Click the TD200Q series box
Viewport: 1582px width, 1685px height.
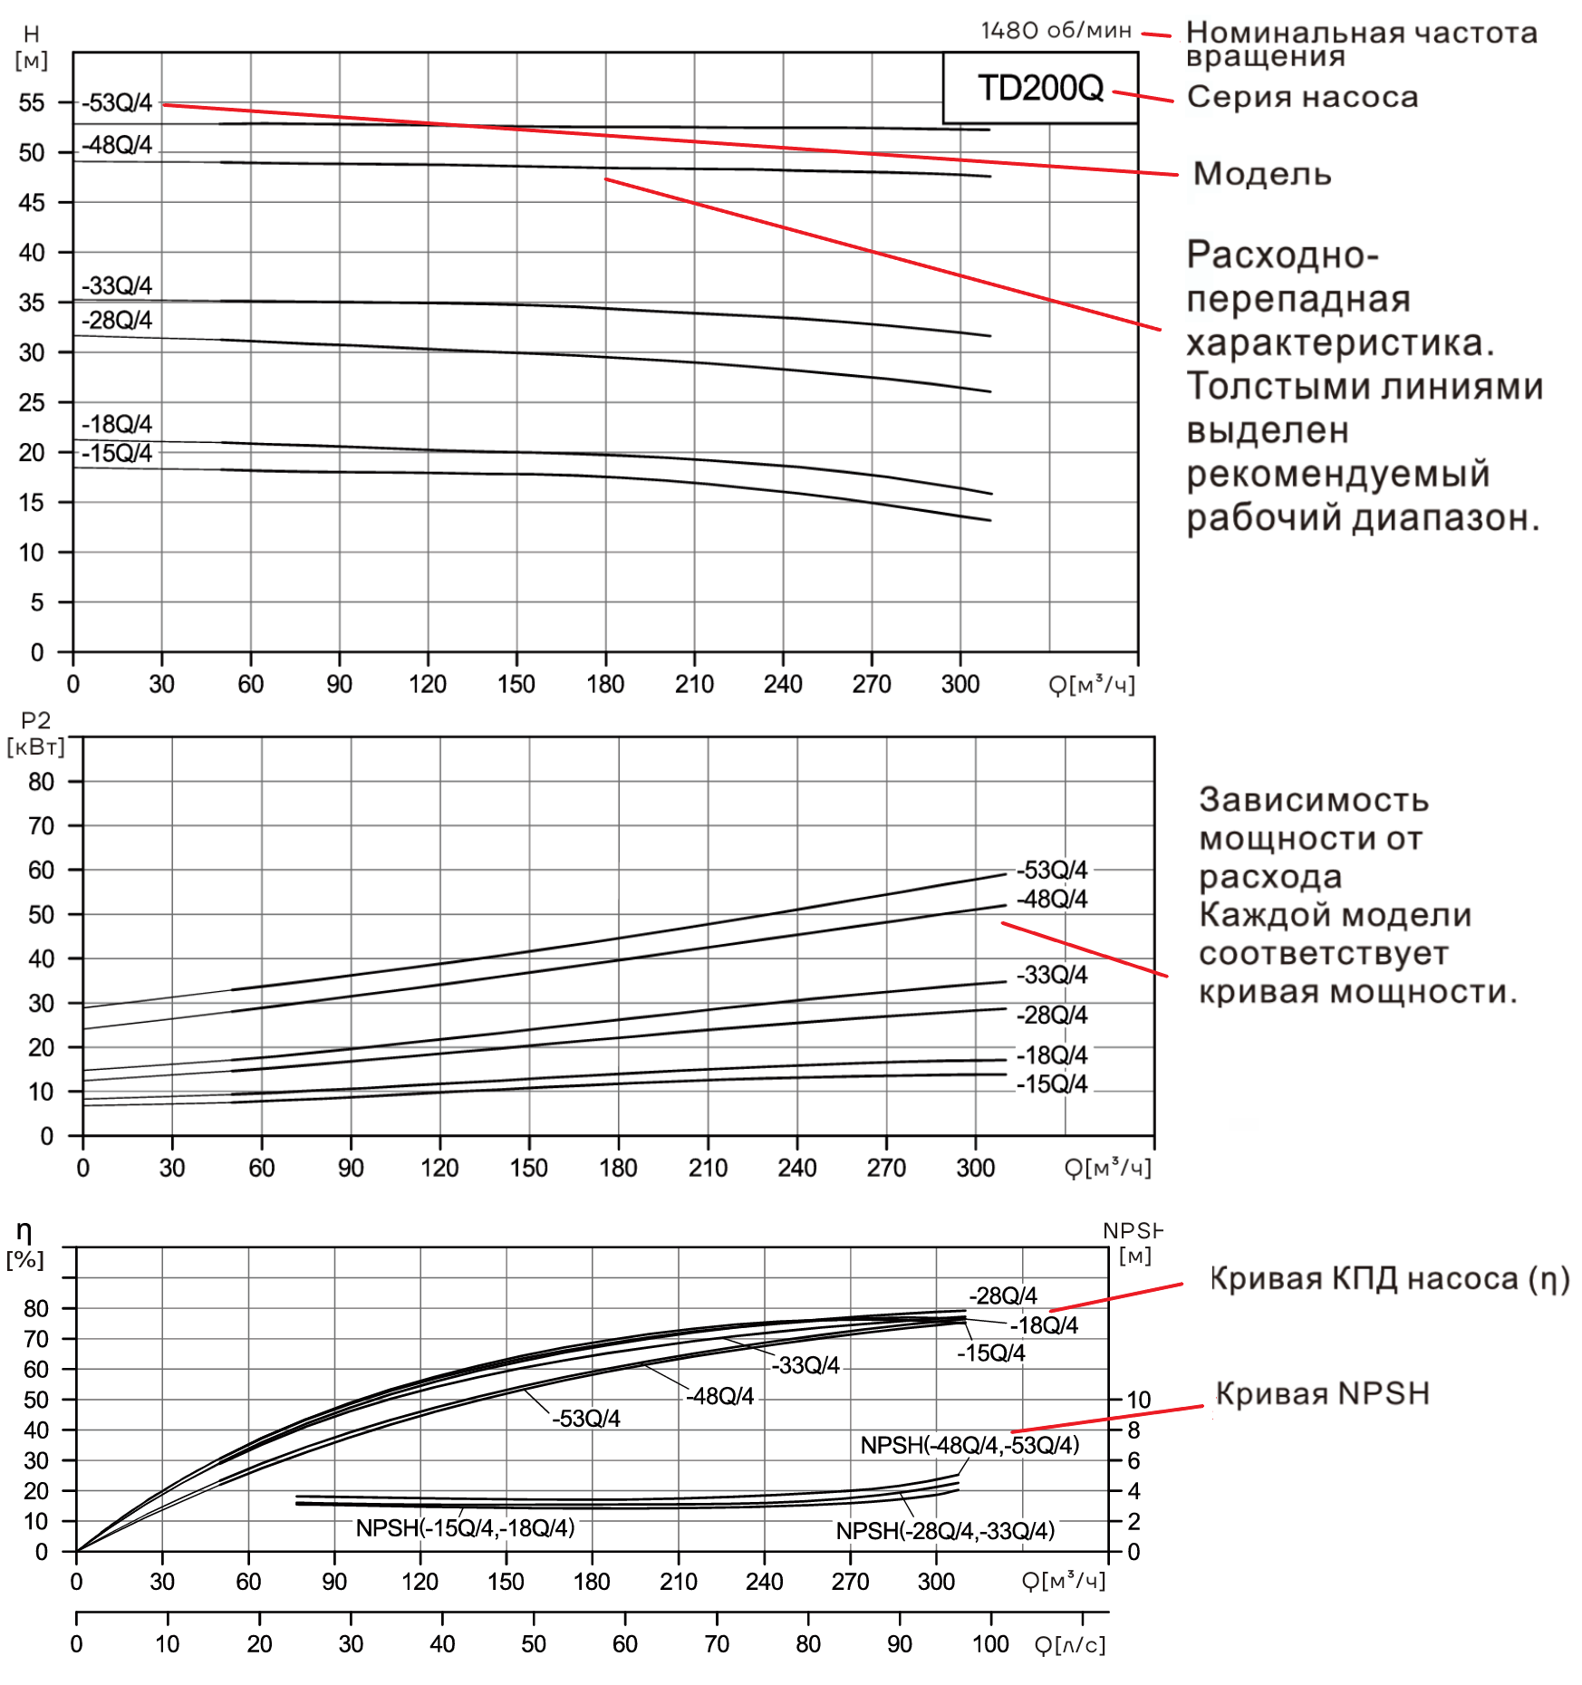click(1040, 88)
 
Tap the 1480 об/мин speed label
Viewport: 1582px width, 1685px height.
click(1056, 31)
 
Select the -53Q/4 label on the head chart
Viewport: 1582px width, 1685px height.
click(117, 102)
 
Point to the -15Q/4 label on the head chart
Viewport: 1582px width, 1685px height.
click(117, 453)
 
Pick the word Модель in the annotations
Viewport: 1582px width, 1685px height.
click(1262, 173)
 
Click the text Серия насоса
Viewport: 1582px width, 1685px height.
click(1302, 97)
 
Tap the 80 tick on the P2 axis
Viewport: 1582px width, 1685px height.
click(41, 781)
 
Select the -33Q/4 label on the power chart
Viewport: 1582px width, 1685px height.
click(1051, 975)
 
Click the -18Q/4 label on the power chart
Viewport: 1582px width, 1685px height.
click(1051, 1055)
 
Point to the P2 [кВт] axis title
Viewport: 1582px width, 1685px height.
click(35, 733)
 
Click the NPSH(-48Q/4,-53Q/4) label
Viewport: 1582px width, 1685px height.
click(969, 1445)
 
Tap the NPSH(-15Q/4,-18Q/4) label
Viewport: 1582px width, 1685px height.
click(465, 1528)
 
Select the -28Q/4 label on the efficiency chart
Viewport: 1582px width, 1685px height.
click(1002, 1295)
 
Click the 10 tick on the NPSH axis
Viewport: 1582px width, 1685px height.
click(1138, 1400)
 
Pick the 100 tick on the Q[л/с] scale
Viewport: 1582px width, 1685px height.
click(990, 1644)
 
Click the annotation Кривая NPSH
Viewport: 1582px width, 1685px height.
click(1322, 1393)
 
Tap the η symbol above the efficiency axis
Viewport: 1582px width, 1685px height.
click(24, 1231)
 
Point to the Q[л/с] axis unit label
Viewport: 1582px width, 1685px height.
click(1070, 1644)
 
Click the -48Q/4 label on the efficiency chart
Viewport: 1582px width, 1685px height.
click(719, 1396)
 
